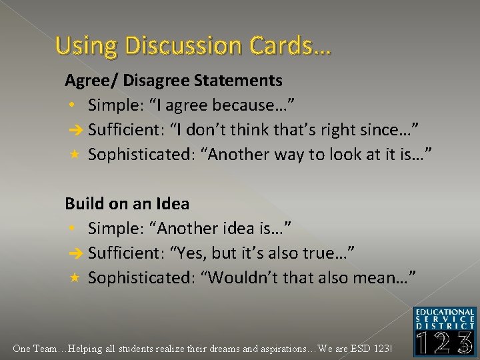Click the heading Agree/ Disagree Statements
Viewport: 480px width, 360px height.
(x=173, y=81)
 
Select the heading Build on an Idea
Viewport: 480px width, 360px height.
(x=127, y=203)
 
